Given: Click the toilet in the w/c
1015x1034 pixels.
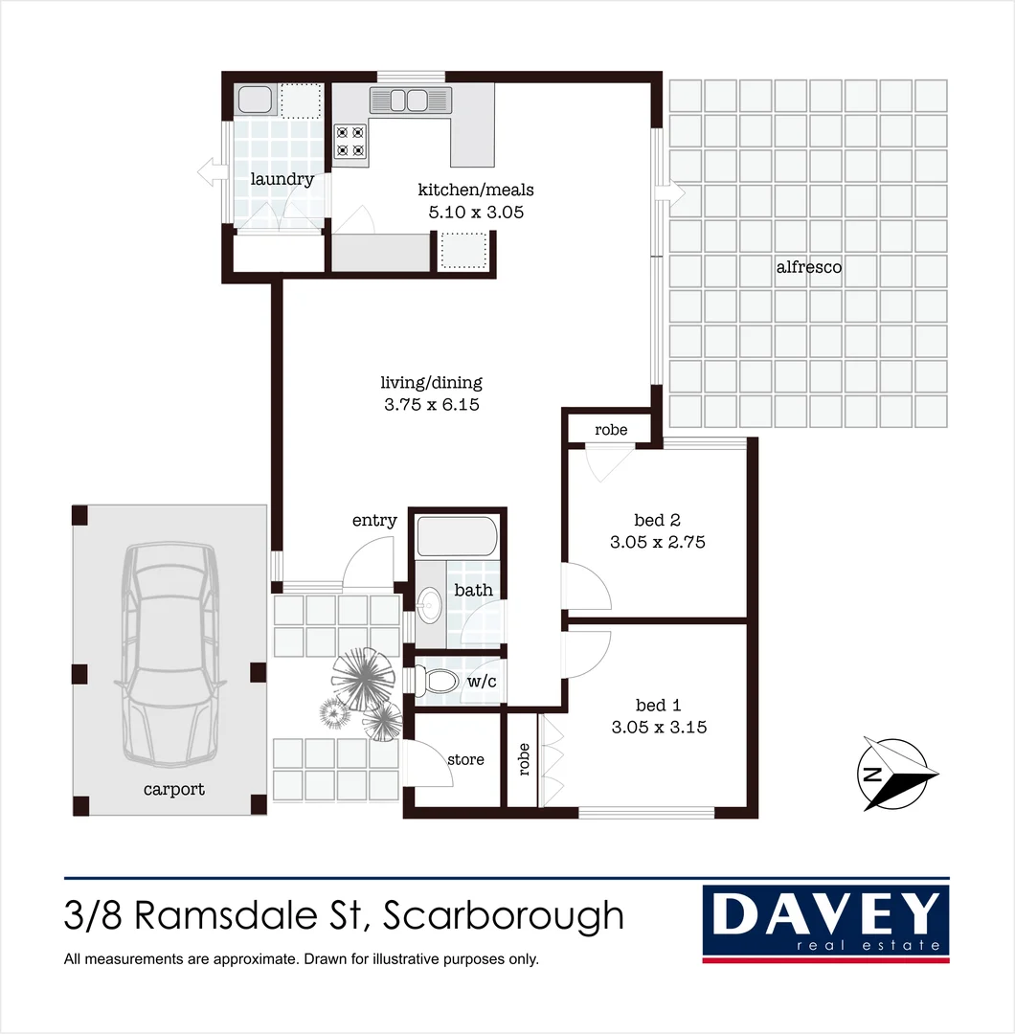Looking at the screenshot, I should pos(440,681).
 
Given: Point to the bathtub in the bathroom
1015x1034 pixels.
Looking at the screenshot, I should pos(456,537).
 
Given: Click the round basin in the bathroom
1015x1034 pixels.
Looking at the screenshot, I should pos(431,604).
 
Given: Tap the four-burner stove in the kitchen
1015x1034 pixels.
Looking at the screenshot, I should pos(350,142).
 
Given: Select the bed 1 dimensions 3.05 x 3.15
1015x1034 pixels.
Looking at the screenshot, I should pos(659,727).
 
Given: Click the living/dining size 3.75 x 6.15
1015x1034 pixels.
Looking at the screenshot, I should pos(431,404).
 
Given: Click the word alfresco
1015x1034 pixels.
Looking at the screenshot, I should pos(809,267).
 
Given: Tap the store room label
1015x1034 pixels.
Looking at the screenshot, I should pos(465,759).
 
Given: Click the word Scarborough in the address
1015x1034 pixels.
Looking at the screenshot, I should pos(504,916).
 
